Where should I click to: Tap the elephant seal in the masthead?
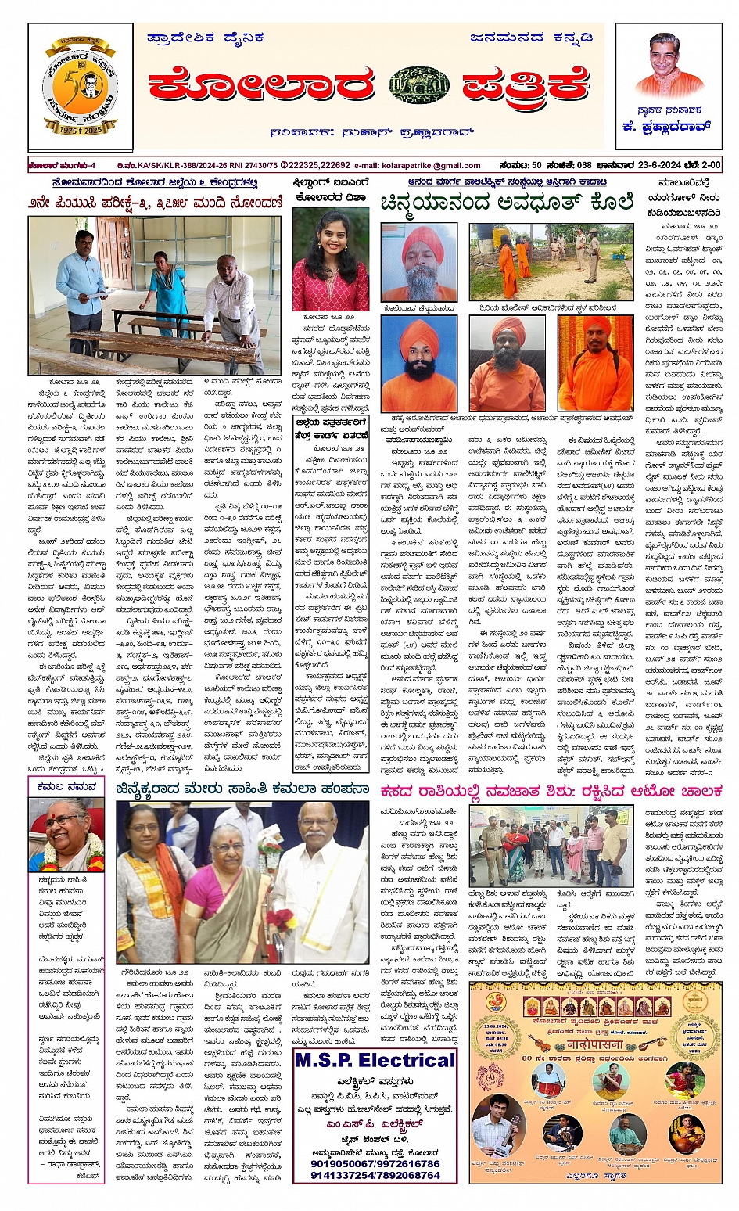coord(419,86)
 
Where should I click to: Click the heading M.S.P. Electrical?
coord(375,1061)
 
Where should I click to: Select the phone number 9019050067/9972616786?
coord(375,1163)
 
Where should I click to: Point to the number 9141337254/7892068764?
coord(375,1175)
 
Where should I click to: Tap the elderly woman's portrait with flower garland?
coord(66,834)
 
